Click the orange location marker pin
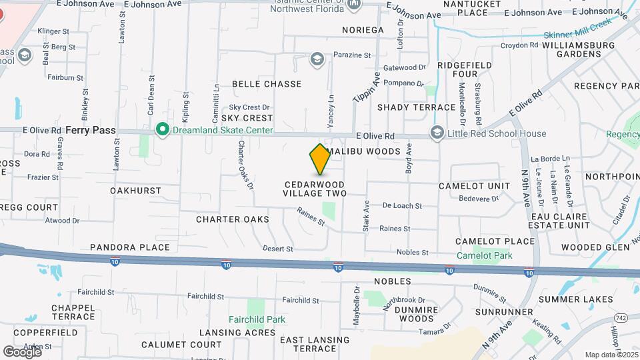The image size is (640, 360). [x=320, y=160]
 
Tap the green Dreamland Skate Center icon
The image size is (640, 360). [x=161, y=130]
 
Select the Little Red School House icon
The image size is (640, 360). [x=437, y=133]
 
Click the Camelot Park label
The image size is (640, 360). [x=484, y=255]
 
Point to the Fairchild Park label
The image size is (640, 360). [x=257, y=319]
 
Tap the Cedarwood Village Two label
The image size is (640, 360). [x=315, y=189]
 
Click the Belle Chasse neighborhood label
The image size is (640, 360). [x=267, y=84]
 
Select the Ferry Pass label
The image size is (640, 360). [x=91, y=130]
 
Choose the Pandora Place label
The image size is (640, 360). [x=130, y=247]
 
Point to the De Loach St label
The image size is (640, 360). [x=402, y=207]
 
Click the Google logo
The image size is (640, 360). [x=22, y=351]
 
